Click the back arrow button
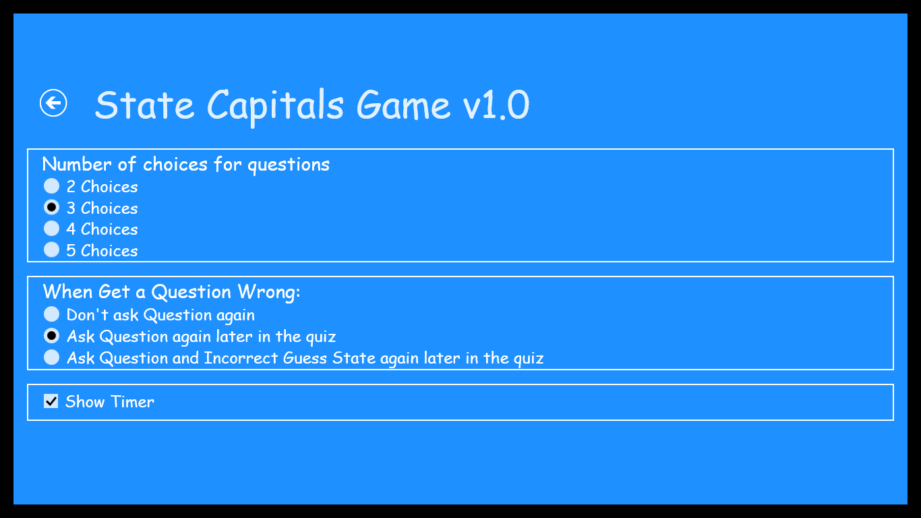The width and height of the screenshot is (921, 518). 53,103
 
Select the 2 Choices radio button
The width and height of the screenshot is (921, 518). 51,186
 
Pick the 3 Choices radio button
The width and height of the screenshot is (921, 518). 51,207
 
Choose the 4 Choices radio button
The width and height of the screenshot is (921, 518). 51,229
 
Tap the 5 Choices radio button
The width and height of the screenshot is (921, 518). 51,250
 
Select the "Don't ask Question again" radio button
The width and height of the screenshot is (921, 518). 51,314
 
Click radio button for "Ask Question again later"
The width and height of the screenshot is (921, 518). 51,336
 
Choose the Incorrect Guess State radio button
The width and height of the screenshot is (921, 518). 51,357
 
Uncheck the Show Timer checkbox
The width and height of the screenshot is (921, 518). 51,402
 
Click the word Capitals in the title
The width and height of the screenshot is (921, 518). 276,105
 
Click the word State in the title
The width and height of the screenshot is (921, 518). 144,105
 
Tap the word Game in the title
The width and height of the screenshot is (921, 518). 403,105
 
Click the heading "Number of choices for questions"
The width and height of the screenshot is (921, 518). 186,165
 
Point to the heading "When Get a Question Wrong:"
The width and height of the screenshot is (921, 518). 171,292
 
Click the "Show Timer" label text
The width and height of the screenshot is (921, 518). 110,402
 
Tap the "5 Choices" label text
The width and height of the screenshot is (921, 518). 102,251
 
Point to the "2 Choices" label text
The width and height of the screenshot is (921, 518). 102,187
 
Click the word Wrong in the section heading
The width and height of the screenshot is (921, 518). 268,292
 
